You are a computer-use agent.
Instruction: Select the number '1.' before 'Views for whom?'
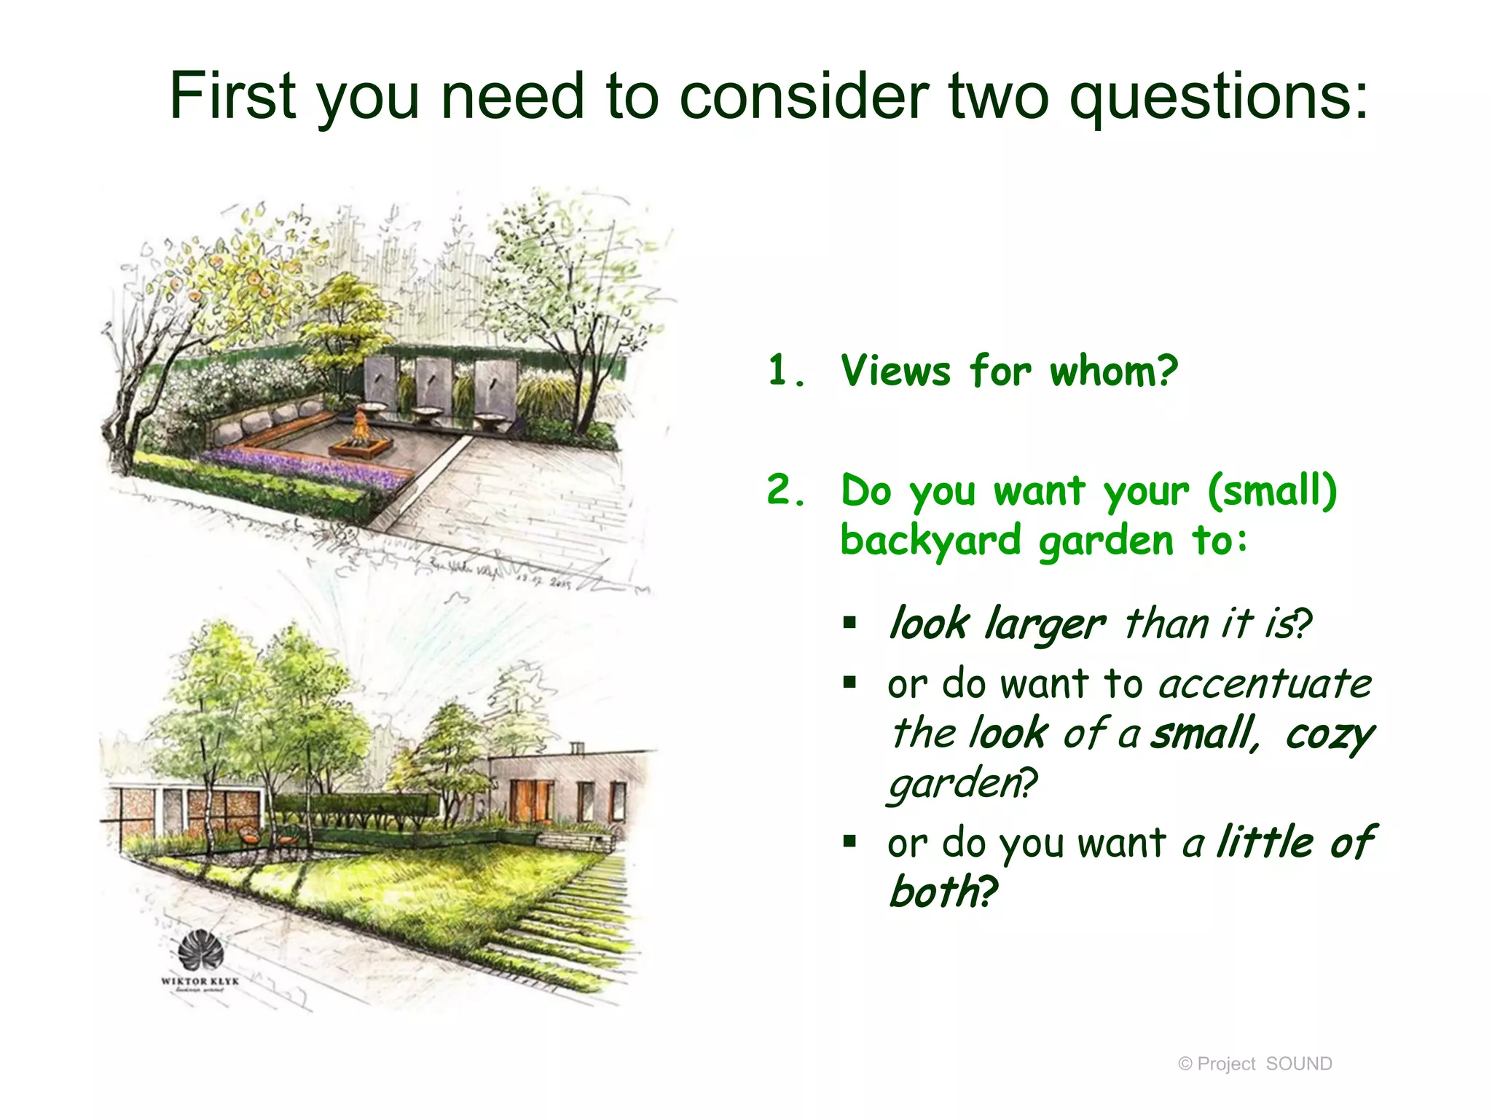[x=787, y=371]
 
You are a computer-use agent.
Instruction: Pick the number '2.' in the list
[x=787, y=490]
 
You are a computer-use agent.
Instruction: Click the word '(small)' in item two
[x=1272, y=490]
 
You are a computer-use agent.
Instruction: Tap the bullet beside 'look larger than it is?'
[x=849, y=623]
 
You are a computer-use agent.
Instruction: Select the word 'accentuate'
[x=1265, y=685]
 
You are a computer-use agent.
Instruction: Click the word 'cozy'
[x=1329, y=734]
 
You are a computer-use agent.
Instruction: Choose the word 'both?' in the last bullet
[x=943, y=892]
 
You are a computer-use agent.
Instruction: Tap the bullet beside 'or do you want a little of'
[x=849, y=842]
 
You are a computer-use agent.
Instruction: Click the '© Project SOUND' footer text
[x=1255, y=1064]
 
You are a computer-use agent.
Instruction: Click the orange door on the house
[x=531, y=800]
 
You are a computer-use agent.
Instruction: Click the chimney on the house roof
[x=576, y=748]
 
